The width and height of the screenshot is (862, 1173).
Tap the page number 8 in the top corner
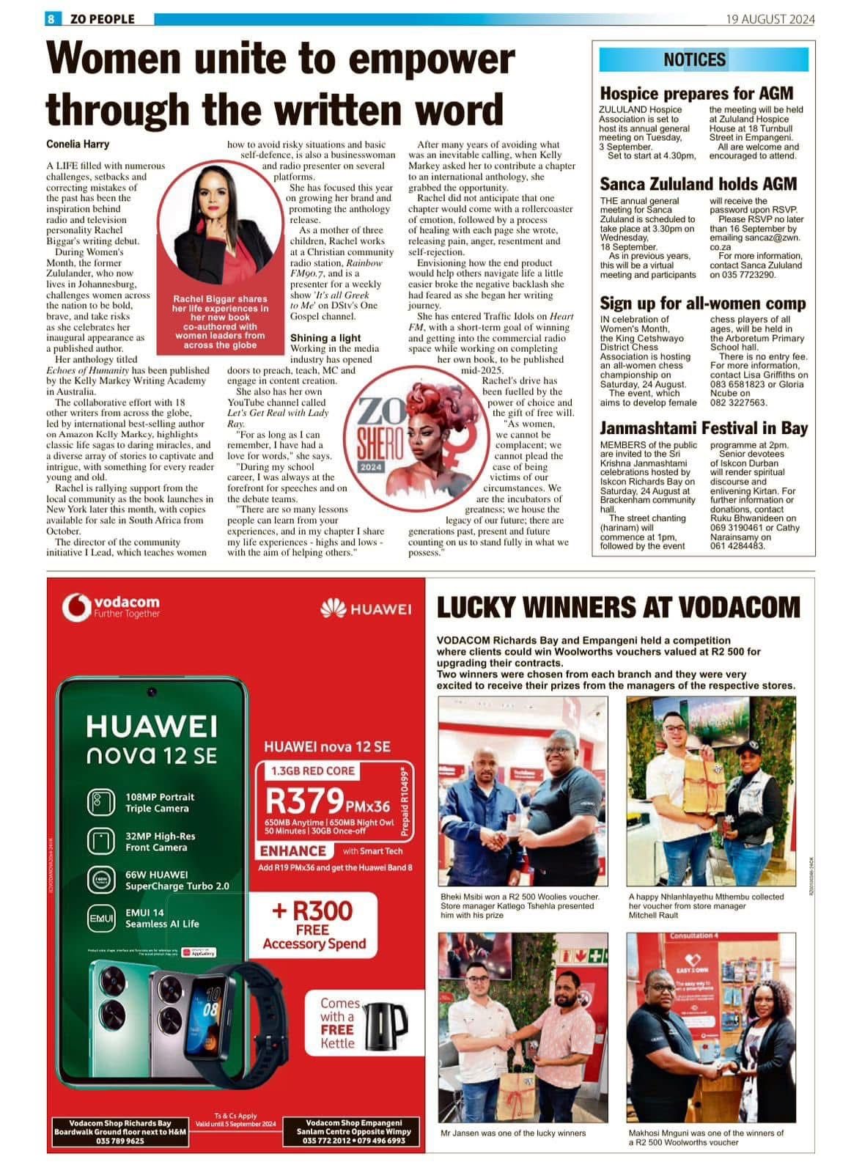tap(51, 19)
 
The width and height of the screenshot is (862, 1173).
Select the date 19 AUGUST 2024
tap(770, 20)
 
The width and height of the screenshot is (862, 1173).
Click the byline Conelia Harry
tap(78, 144)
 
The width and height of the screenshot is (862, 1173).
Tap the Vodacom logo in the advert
tap(111, 606)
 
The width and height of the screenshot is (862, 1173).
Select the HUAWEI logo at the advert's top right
tap(366, 608)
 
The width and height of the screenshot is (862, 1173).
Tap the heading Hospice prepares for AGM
tap(696, 93)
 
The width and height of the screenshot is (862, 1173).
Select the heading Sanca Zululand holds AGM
tap(698, 184)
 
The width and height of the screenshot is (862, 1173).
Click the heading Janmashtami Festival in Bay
tap(704, 428)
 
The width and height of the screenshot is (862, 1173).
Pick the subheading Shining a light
tap(325, 338)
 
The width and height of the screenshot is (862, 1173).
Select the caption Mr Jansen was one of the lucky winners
tap(513, 1133)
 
